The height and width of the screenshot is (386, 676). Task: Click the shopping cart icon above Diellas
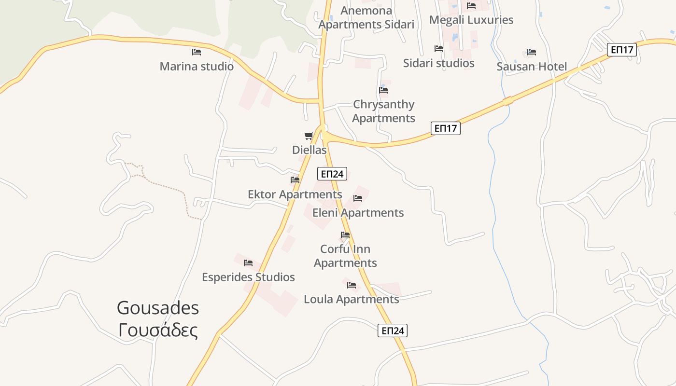[309, 136]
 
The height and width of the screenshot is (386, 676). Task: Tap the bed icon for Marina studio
[196, 52]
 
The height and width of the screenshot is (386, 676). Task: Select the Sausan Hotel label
[532, 67]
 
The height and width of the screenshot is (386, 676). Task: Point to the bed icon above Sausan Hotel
[532, 52]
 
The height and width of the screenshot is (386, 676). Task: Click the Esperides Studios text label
[248, 277]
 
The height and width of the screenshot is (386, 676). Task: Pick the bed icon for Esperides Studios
[248, 263]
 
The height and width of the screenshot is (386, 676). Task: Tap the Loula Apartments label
[351, 300]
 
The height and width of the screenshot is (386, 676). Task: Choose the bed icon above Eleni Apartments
[358, 198]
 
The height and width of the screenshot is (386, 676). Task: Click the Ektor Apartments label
[295, 194]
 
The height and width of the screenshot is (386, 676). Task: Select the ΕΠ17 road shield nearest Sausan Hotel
[621, 49]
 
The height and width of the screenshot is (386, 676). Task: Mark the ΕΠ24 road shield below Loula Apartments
[392, 331]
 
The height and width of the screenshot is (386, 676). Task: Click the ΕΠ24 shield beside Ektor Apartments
[332, 174]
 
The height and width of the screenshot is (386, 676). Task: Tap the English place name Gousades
[158, 308]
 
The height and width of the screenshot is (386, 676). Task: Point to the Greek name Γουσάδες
[158, 331]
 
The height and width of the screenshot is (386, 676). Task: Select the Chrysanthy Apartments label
[383, 111]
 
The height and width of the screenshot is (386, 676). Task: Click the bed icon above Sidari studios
[439, 49]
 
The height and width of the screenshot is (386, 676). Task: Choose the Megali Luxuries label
[471, 20]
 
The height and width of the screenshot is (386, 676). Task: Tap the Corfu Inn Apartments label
[345, 256]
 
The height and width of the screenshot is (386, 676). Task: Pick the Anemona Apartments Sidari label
[366, 17]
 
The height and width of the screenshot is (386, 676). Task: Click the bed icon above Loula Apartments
[352, 285]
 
